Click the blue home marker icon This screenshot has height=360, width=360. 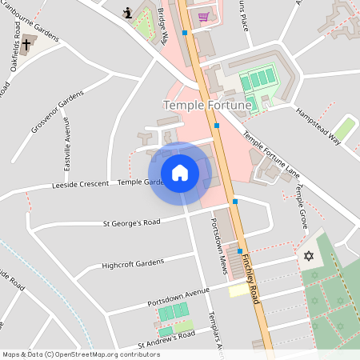pos(180,172)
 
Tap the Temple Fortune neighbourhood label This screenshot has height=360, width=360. pos(207,105)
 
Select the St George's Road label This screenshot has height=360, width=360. pos(131,222)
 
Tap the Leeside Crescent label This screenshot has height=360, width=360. pos(79,184)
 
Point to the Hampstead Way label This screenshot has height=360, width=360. pos(318,126)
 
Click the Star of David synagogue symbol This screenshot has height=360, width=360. pos(308,256)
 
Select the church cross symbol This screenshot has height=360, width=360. pos(27,44)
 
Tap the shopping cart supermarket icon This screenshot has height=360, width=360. pos(203,16)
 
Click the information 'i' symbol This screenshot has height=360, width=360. pos(127,12)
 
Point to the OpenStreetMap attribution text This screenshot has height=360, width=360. pos(70,354)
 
